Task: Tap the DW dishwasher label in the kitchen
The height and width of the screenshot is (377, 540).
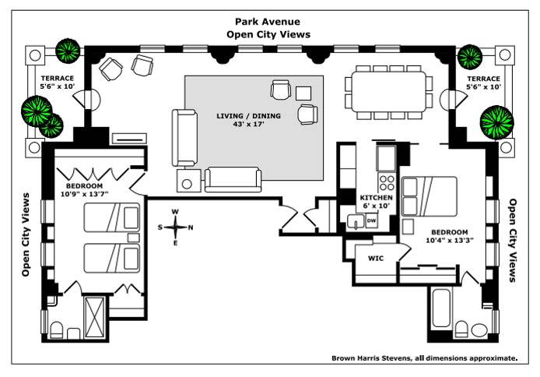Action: click(371, 221)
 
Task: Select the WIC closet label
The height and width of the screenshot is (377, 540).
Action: click(377, 257)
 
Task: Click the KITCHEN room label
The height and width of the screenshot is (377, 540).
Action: click(377, 198)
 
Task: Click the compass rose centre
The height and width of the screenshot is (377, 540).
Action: click(177, 227)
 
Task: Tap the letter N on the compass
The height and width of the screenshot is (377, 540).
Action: click(191, 227)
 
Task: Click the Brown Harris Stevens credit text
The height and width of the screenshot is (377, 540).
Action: click(424, 358)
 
